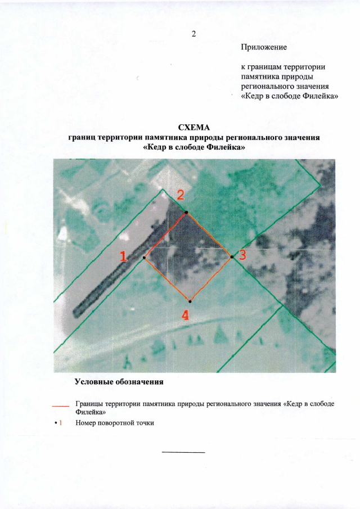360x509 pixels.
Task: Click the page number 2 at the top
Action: (193, 34)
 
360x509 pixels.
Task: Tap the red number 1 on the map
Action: (123, 256)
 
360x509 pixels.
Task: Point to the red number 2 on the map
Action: (181, 195)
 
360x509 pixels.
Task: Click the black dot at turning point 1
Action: (145, 258)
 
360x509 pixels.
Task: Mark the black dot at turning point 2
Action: (186, 213)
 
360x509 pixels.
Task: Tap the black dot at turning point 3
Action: (232, 257)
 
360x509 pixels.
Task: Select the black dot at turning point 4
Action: (191, 300)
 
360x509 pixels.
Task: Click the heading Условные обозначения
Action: (119, 382)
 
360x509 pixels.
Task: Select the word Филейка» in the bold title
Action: (226, 147)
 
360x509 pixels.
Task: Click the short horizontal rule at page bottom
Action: (183, 452)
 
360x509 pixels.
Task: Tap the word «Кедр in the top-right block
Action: (254, 96)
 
